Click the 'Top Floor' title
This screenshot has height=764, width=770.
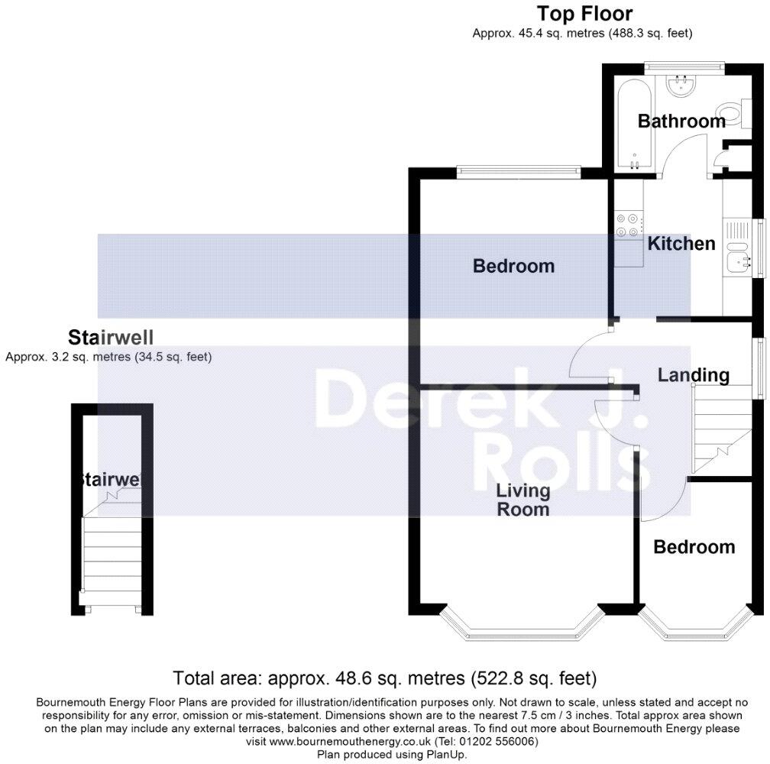point(584,14)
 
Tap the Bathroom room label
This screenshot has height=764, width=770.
point(681,121)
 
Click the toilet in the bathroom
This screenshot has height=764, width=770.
point(732,115)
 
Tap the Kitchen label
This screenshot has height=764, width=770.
point(681,244)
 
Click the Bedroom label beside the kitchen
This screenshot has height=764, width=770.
point(513,266)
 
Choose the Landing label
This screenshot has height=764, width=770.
point(694,375)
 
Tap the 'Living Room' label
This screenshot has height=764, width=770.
point(523,500)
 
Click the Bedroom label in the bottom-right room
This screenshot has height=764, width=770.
point(694,547)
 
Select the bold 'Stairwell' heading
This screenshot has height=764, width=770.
point(111,338)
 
